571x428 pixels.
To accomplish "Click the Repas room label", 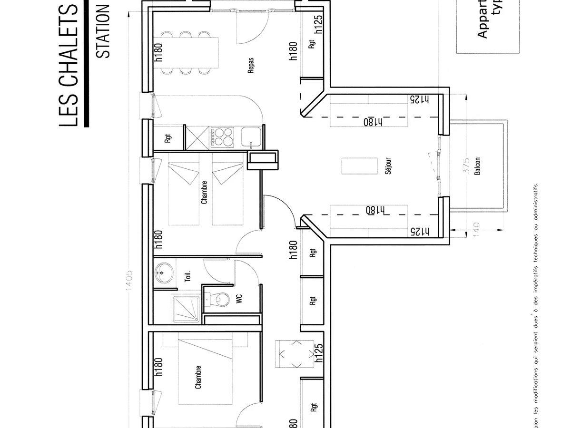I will [250, 66].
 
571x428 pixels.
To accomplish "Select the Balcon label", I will [477, 166].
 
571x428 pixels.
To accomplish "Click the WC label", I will [239, 299].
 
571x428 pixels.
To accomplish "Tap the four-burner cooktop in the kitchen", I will [223, 137].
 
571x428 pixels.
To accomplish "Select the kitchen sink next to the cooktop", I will [249, 137].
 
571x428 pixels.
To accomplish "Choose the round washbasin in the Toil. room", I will [162, 273].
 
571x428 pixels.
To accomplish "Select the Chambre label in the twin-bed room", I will [204, 192].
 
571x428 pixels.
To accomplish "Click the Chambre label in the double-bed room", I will [198, 378].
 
